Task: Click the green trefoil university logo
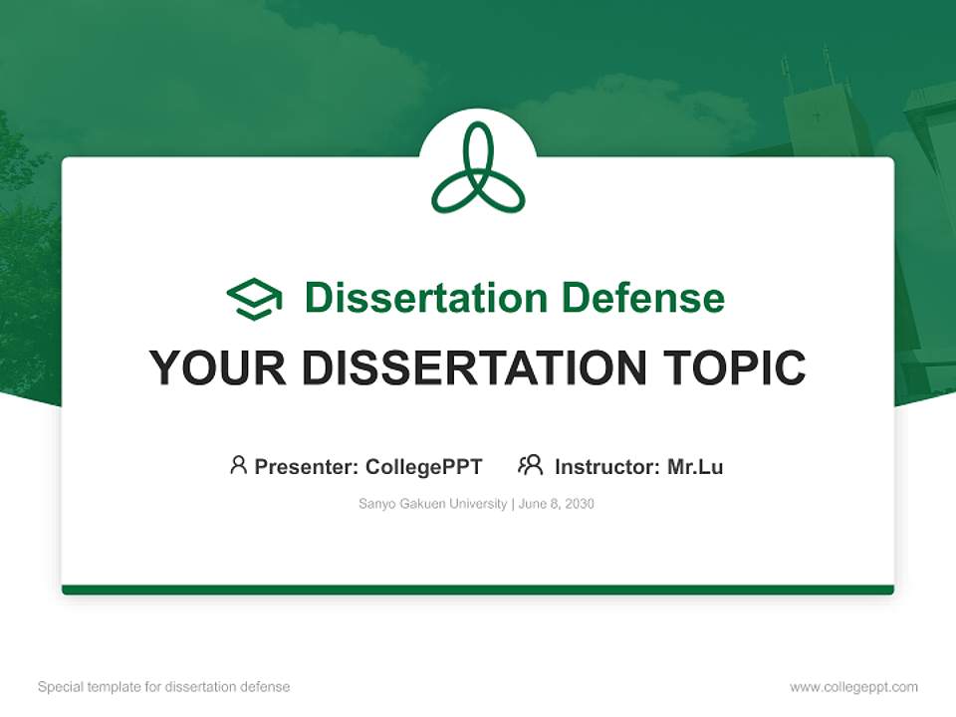[x=478, y=168]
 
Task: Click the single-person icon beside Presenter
[x=238, y=465]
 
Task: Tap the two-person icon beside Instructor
[x=530, y=465]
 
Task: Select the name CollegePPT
[x=424, y=466]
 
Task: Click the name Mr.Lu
[x=695, y=466]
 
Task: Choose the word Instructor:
[x=606, y=466]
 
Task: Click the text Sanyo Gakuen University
[x=432, y=504]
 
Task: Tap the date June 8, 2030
[x=557, y=504]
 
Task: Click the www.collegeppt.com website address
[x=853, y=687]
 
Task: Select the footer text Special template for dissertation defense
[x=164, y=687]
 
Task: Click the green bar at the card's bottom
[x=478, y=590]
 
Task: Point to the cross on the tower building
[x=817, y=117]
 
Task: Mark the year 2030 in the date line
[x=578, y=504]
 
